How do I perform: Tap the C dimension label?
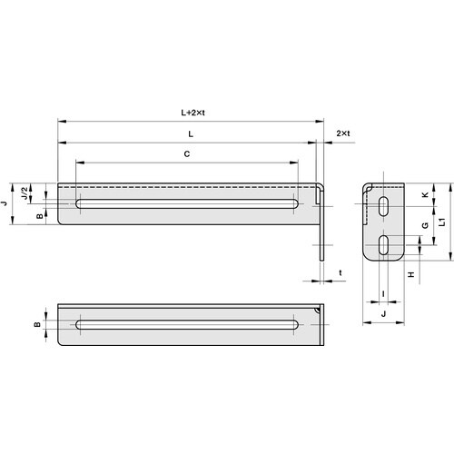(186, 154)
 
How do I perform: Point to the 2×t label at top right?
(342, 133)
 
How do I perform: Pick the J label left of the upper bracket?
(5, 204)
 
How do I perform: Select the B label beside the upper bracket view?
(38, 216)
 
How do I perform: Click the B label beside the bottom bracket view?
(38, 324)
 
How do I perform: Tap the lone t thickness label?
(340, 272)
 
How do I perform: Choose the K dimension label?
(425, 195)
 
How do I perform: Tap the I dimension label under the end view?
(383, 292)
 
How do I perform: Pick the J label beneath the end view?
(383, 314)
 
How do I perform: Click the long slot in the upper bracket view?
(186, 204)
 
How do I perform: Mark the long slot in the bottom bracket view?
(186, 324)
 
